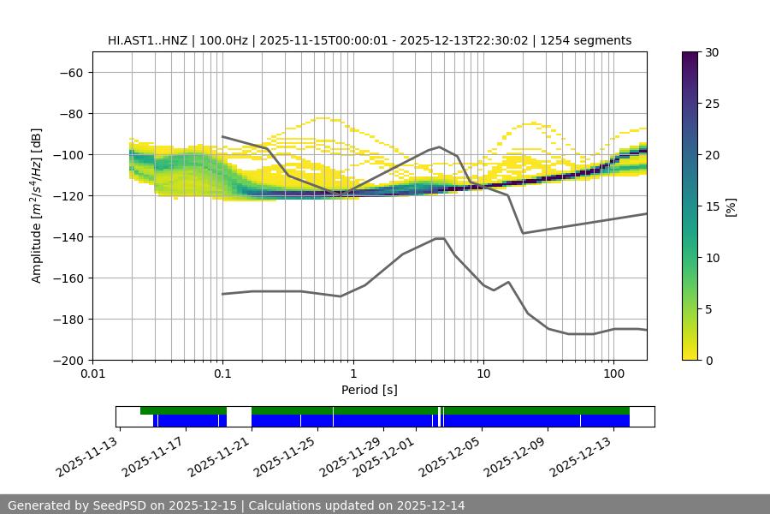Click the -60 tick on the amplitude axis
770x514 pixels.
pos(70,72)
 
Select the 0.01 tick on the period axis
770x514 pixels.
pos(92,374)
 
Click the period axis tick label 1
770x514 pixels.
pos(352,374)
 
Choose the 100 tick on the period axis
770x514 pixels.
pos(613,374)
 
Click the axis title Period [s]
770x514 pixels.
pos(370,390)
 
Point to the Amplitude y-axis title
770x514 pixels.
pos(37,206)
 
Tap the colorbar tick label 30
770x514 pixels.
pos(712,52)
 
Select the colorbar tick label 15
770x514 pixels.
pos(712,206)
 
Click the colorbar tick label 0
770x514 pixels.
pos(708,360)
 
